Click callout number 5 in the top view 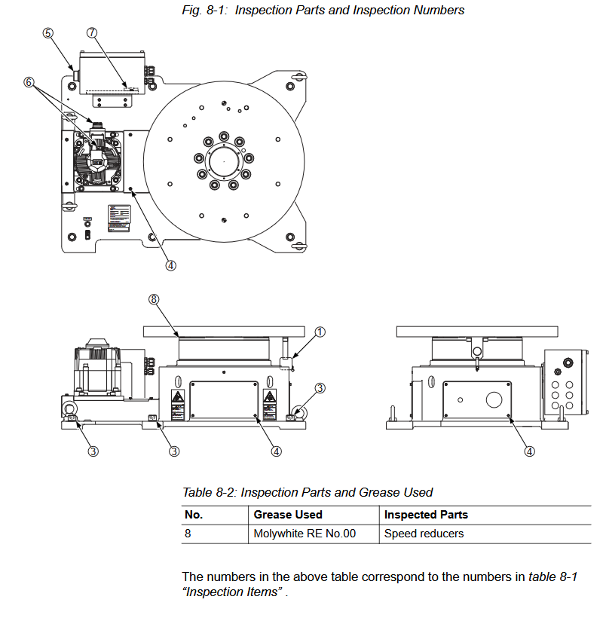[x=47, y=33]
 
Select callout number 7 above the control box [x=92, y=32]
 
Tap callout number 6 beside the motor [x=29, y=82]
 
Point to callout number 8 [x=154, y=299]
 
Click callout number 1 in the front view [x=320, y=332]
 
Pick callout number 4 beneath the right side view [x=530, y=451]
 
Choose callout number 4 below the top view [x=170, y=266]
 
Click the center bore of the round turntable [x=224, y=161]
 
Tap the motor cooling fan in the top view [x=98, y=160]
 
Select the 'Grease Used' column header [x=288, y=515]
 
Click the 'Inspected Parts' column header [x=426, y=515]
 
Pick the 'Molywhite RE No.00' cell [x=305, y=534]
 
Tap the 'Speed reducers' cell [x=424, y=534]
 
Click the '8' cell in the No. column [x=188, y=534]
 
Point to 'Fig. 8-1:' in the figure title [x=205, y=10]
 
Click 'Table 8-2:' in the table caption [x=210, y=492]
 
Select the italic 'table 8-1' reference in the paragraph [x=553, y=577]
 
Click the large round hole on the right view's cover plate [x=494, y=399]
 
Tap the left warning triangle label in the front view [x=177, y=396]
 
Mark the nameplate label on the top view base [x=119, y=218]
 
